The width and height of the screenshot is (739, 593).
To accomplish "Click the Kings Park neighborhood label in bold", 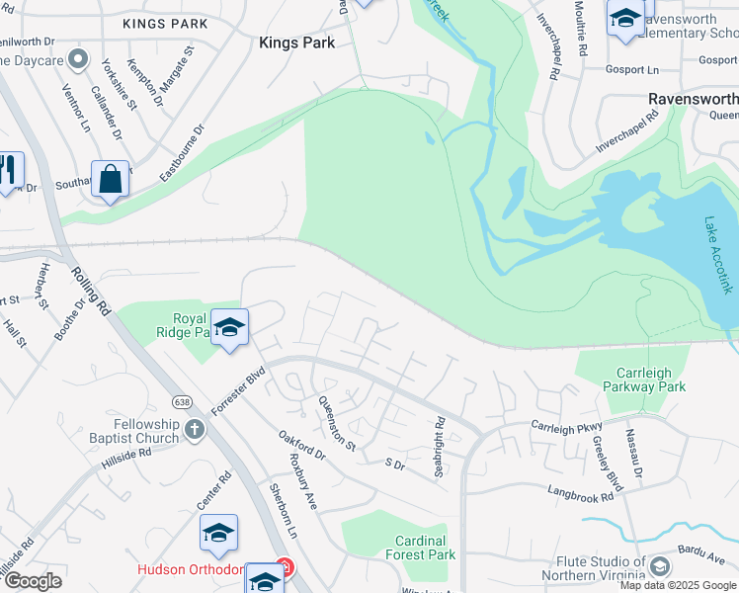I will coord(296,42).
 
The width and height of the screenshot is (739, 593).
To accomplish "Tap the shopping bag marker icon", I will coord(111,180).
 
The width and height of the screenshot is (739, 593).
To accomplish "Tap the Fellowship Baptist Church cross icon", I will coord(195,429).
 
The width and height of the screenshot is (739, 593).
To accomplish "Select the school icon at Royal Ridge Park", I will coord(229,327).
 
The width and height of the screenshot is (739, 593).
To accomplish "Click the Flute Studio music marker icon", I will coord(660,565).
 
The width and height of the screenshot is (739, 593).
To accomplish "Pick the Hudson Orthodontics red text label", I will coord(203,570).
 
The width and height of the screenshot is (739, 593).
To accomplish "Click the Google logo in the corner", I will coord(33,581).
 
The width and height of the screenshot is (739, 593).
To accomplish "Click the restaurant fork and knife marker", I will coord(8,170).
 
